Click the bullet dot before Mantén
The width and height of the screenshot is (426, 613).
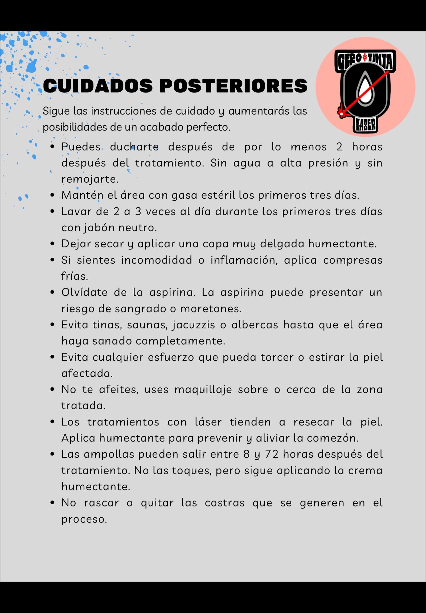tap(52, 195)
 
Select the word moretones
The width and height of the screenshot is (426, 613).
tap(211, 309)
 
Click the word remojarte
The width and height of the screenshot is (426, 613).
tap(90, 179)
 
